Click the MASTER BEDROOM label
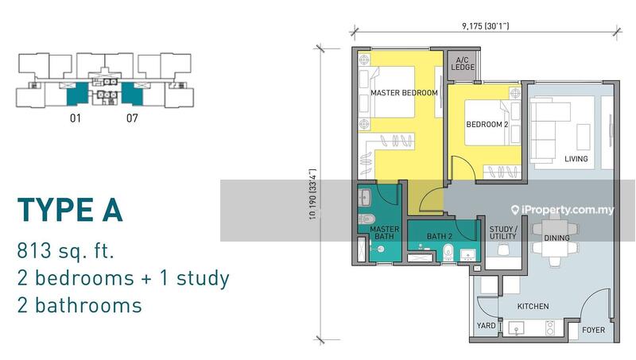click(404, 93)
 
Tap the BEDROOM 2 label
click(487, 125)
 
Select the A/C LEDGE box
click(463, 65)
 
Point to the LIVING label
click(576, 159)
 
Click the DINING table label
click(556, 238)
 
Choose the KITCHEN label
click(533, 307)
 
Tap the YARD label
click(486, 326)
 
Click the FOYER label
click(593, 330)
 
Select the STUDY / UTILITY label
click(503, 233)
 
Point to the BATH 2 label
click(440, 236)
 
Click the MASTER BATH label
click(384, 233)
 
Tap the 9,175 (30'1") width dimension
click(485, 26)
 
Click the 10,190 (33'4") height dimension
click(312, 194)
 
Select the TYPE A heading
click(70, 210)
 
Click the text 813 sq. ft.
click(66, 251)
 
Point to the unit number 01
click(76, 118)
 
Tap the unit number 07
click(132, 118)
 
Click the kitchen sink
click(516, 328)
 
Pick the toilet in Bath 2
click(448, 252)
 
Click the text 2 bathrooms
click(79, 305)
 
